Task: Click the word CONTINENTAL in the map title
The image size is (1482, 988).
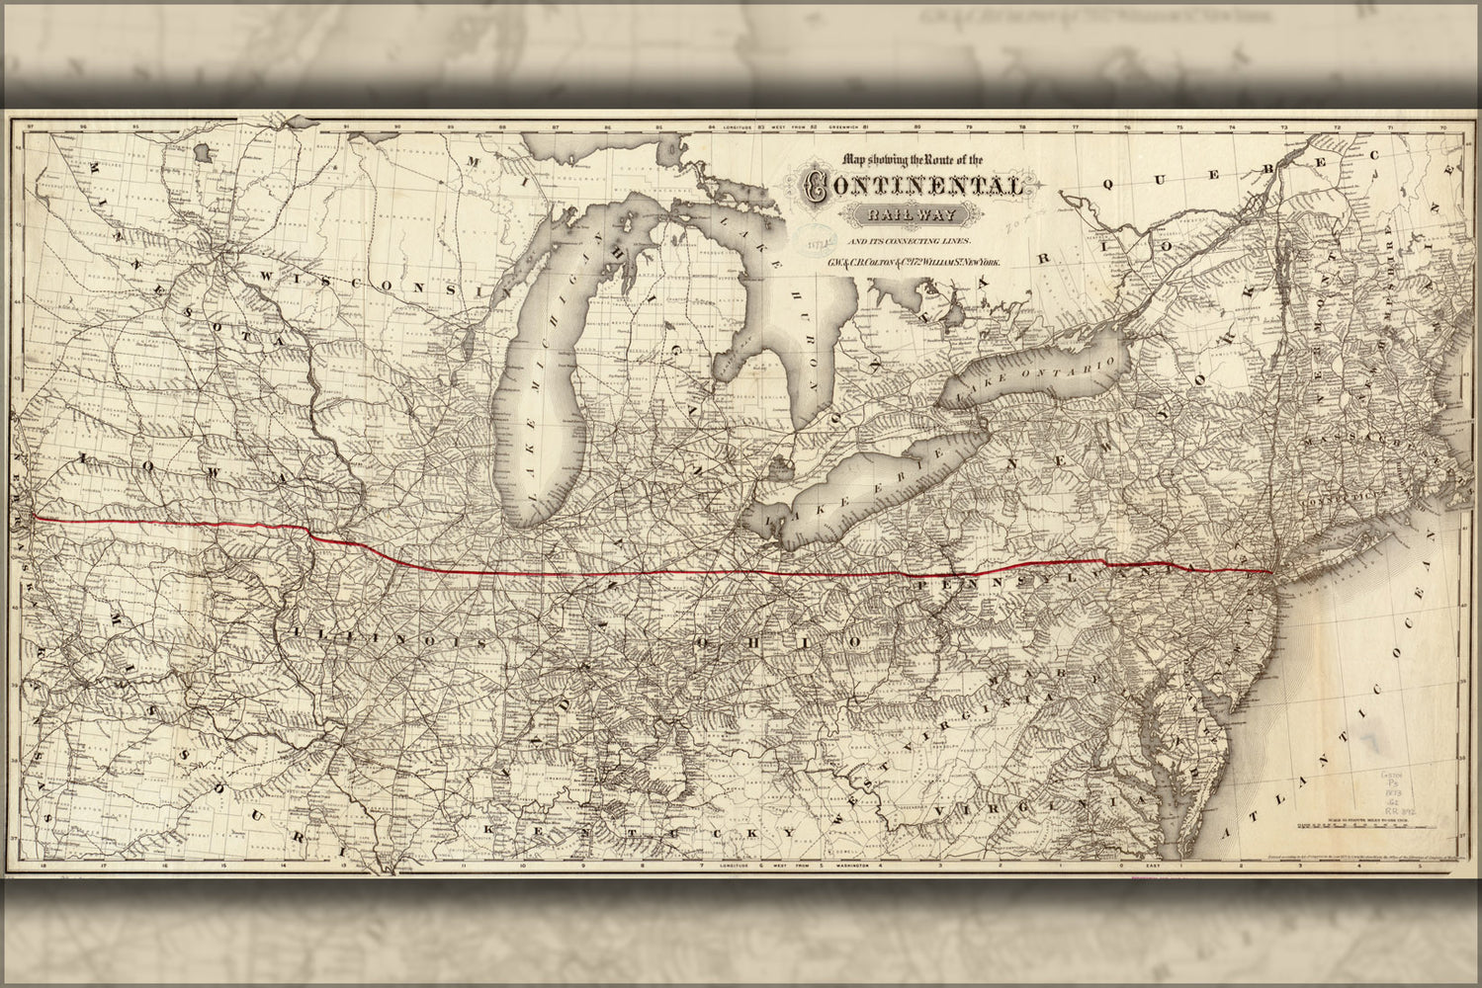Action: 915,186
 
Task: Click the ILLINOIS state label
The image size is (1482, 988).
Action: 387,639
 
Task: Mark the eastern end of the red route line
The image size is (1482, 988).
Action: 1270,572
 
